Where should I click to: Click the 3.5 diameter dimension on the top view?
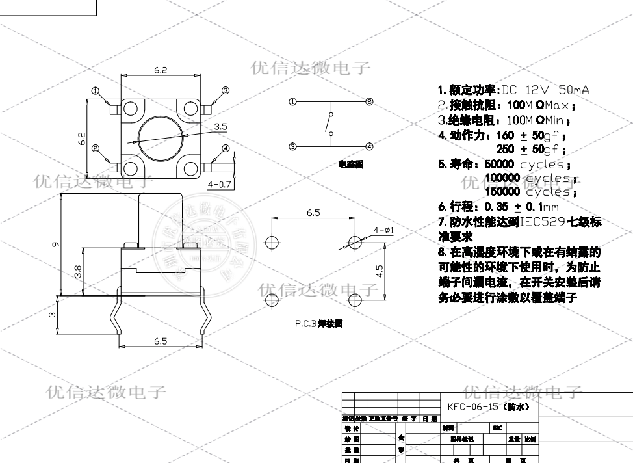[220, 127]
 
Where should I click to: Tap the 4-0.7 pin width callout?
[220, 185]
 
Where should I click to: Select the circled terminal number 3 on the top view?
[226, 90]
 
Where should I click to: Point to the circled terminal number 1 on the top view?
[96, 90]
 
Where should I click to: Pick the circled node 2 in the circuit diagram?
[368, 101]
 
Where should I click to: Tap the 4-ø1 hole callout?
[383, 230]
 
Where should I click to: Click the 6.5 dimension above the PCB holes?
[313, 213]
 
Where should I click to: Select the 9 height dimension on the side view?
[57, 245]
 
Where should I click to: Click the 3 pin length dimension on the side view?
[53, 315]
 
